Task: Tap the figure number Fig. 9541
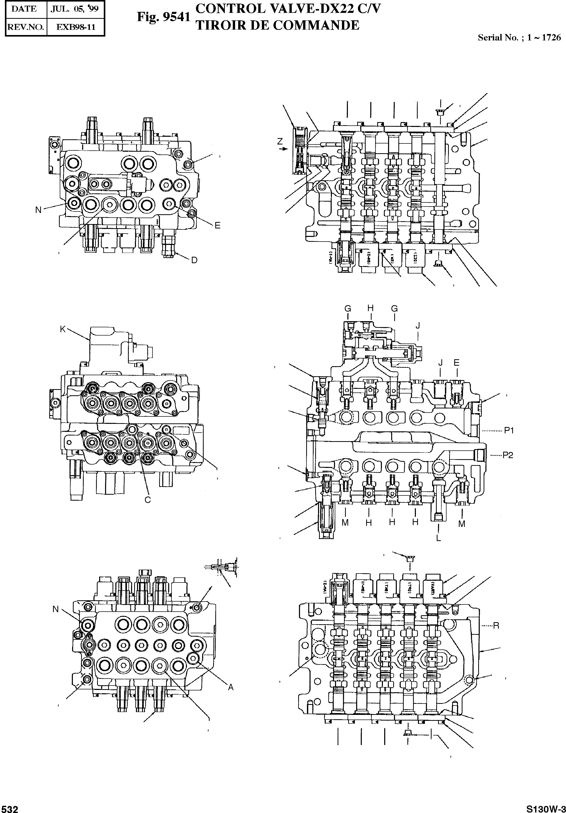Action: click(164, 17)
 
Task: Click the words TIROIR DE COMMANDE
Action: click(278, 25)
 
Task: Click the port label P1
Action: click(509, 431)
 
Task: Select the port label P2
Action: click(508, 455)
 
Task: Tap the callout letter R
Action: click(496, 625)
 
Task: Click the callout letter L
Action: click(439, 538)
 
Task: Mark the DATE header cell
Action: click(24, 10)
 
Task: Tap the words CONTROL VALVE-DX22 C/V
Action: click(288, 8)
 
